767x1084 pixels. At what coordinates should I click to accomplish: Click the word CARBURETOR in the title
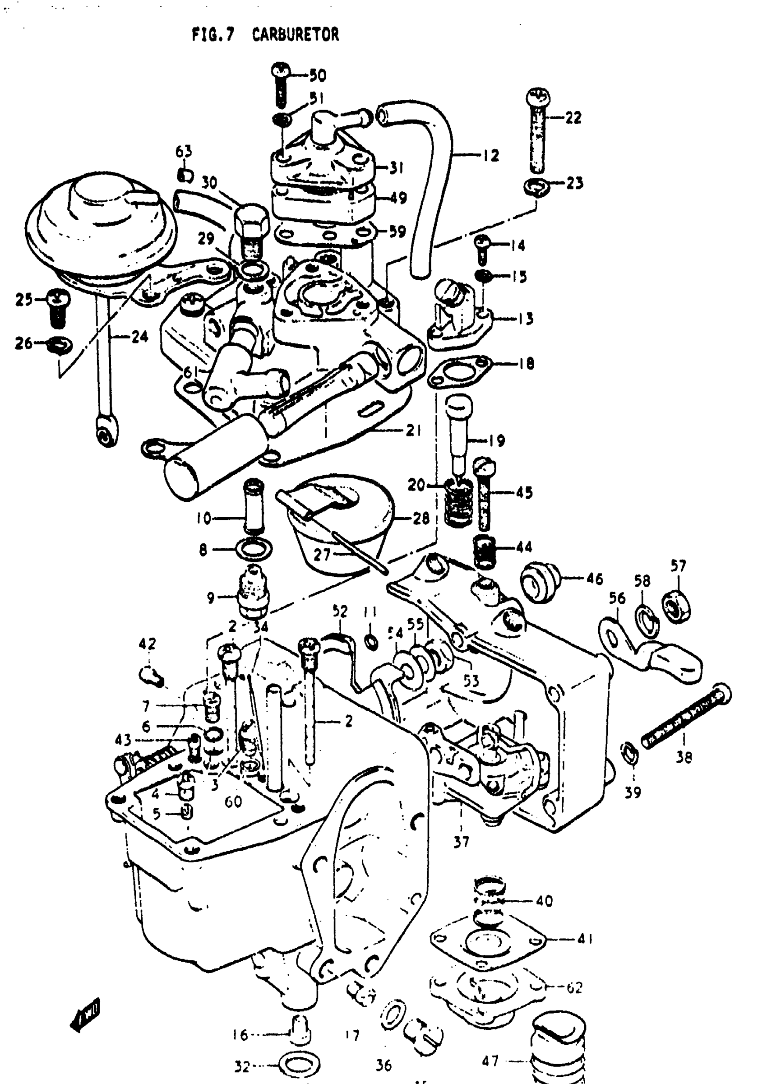tap(295, 35)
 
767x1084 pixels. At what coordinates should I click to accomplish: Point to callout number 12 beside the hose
tap(491, 155)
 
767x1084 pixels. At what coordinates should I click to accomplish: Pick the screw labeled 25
tap(58, 307)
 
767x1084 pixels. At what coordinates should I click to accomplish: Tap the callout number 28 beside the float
tap(421, 518)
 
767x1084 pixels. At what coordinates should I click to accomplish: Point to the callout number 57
tap(678, 566)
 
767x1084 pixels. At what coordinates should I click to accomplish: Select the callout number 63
tap(184, 152)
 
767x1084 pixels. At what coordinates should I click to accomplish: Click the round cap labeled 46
tap(538, 581)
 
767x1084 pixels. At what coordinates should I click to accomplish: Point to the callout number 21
tap(414, 431)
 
